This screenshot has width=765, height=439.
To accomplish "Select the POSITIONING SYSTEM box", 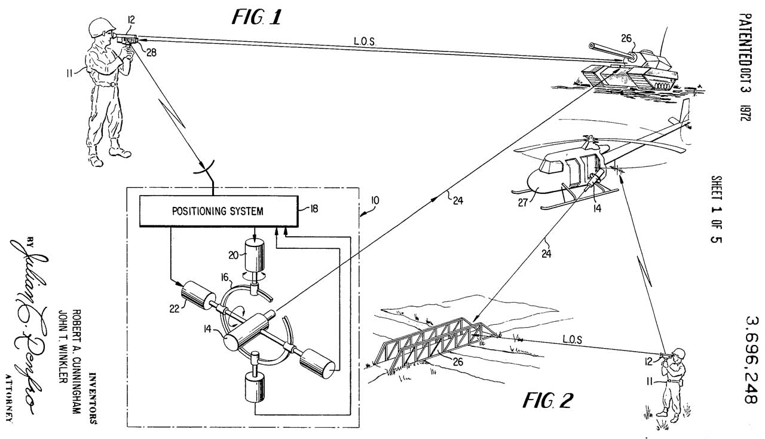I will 218,211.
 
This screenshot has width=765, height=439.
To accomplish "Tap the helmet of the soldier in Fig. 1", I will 100,27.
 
